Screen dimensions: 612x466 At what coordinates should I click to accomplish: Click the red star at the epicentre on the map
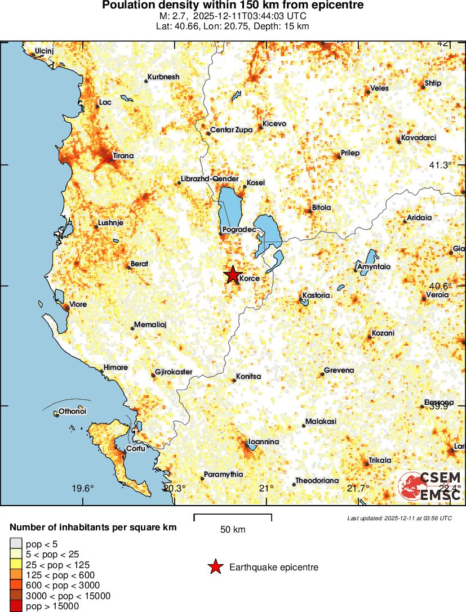232,274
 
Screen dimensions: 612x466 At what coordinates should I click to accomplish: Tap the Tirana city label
123,155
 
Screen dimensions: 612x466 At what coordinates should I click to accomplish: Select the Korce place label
249,279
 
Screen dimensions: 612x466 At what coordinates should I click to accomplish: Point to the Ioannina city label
264,442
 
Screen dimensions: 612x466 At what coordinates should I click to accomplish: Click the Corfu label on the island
135,449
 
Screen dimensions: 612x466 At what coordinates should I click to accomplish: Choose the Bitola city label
322,208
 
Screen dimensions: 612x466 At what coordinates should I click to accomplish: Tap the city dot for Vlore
66,307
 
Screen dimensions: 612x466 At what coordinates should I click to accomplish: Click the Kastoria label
316,295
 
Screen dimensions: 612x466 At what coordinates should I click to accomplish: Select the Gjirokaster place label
174,372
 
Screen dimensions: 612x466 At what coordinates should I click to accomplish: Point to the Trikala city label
380,461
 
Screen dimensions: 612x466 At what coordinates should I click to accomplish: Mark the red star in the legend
215,568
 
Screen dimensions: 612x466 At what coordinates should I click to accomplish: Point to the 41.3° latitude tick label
441,165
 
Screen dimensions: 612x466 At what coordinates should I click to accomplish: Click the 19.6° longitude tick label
83,488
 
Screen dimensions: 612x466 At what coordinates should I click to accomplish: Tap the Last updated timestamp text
400,518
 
